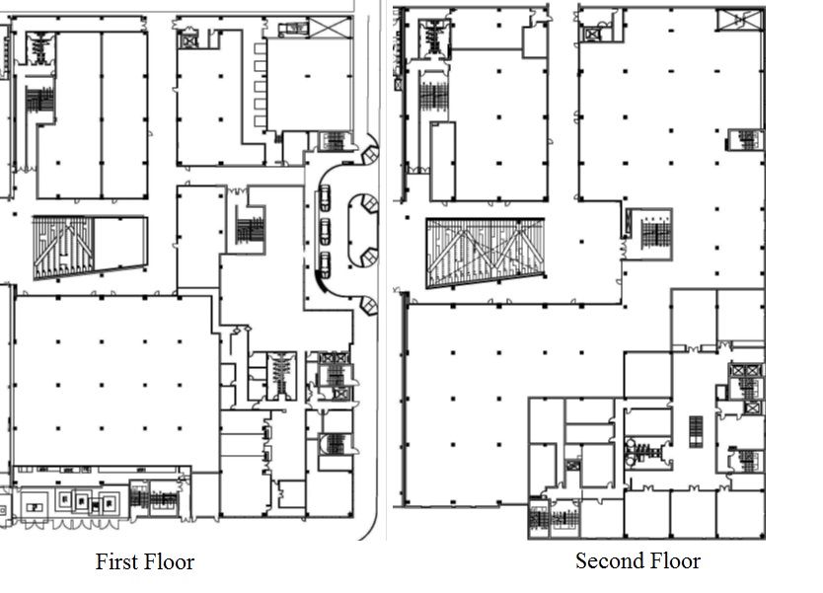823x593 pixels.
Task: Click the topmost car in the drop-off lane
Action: tap(325, 198)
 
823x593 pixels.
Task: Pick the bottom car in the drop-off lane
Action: tap(325, 265)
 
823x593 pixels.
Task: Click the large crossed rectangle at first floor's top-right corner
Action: tap(331, 28)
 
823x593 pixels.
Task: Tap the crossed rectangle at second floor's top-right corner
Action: tap(740, 21)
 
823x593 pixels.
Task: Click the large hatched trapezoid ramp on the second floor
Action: tap(486, 253)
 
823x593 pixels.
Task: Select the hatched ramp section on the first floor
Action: tap(63, 248)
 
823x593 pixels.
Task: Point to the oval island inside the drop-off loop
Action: tap(363, 231)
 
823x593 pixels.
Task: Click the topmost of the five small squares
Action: tap(261, 48)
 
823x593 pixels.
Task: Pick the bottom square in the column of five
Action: tap(261, 121)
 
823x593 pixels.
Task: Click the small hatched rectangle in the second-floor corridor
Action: tap(696, 432)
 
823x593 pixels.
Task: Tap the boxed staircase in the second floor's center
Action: tap(650, 234)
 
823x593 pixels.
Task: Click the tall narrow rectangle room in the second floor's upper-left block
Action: tap(442, 162)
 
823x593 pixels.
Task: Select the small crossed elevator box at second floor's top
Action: tap(591, 35)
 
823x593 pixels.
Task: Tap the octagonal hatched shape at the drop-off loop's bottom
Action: tap(368, 306)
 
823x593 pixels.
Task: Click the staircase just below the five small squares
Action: tap(333, 142)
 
